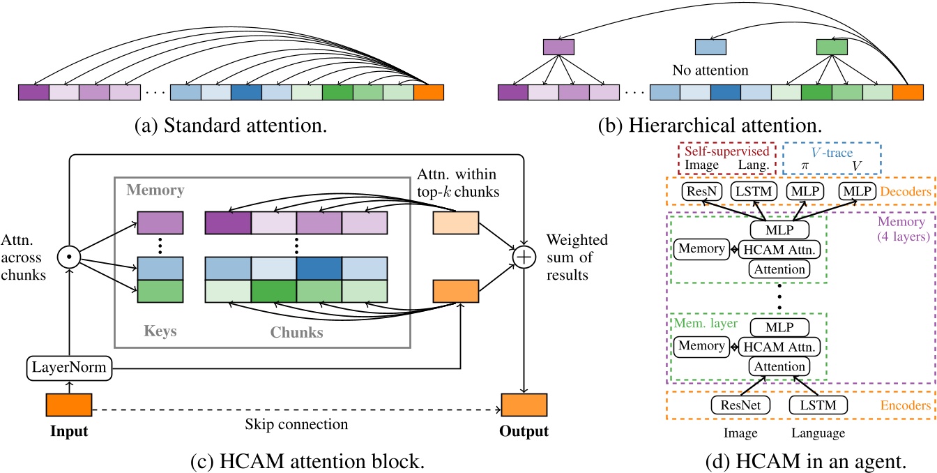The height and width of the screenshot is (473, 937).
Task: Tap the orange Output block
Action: click(x=524, y=405)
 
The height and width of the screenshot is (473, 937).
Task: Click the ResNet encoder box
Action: click(x=736, y=404)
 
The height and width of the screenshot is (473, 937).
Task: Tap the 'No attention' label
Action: click(x=710, y=70)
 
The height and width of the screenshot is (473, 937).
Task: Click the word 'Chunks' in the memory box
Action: click(x=297, y=332)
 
